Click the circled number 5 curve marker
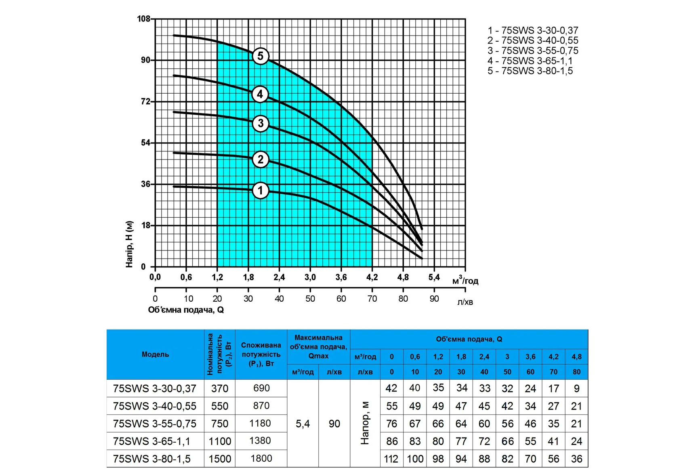pos(261,56)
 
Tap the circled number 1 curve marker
pos(261,191)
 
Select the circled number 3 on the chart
pos(261,123)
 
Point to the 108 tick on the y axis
pos(143,19)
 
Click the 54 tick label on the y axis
pos(145,143)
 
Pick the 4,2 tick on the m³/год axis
pos(372,277)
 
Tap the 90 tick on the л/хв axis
pos(434,299)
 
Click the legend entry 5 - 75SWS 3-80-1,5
pos(530,71)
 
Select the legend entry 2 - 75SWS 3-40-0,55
pos(533,40)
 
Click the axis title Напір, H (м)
pos(129,244)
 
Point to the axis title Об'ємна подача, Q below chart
pos(186,310)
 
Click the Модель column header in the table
pos(155,354)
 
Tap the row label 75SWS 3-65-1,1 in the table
pos(152,441)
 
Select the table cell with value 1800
pos(261,458)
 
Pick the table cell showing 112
pos(391,459)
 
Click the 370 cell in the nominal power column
pos(220,389)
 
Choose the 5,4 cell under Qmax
pos(303,424)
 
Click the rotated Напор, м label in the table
pos(365,423)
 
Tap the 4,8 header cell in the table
pos(576,357)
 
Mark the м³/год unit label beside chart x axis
pos(465,281)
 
